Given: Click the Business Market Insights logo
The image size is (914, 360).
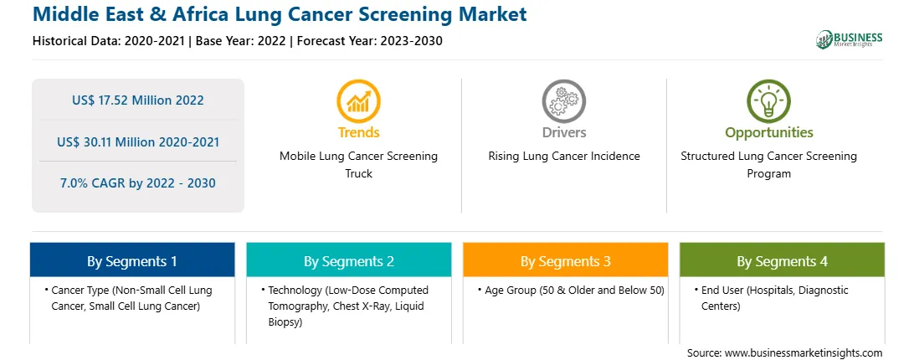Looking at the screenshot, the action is pyautogui.click(x=849, y=39).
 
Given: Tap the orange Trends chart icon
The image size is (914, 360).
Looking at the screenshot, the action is pyautogui.click(x=358, y=101).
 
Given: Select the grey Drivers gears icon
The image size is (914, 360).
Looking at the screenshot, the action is pyautogui.click(x=563, y=101).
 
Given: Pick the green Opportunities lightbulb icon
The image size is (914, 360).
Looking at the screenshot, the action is pyautogui.click(x=769, y=101).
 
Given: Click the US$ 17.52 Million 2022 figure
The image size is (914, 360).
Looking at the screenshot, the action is pyautogui.click(x=138, y=100).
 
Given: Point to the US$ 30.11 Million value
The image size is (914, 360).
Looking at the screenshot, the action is pyautogui.click(x=138, y=141).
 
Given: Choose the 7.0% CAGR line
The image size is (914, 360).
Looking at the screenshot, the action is pyautogui.click(x=138, y=183).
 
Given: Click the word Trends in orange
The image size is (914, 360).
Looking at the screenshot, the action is pyautogui.click(x=358, y=132).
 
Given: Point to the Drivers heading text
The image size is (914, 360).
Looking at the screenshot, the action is pyautogui.click(x=563, y=132).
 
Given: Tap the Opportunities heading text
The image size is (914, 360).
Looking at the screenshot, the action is pyautogui.click(x=769, y=132).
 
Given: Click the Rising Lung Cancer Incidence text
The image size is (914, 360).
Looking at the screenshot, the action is pyautogui.click(x=563, y=156).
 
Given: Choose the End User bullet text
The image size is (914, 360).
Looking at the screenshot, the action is pyautogui.click(x=775, y=297).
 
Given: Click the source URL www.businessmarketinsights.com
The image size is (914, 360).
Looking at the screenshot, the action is pyautogui.click(x=804, y=353).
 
